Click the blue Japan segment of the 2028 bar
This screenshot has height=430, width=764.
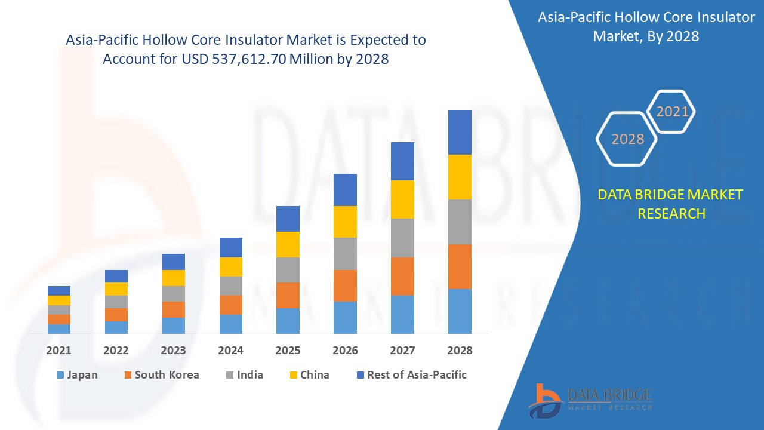[x=460, y=311]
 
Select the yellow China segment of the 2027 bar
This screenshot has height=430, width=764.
[x=402, y=199]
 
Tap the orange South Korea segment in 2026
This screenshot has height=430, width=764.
[x=345, y=285]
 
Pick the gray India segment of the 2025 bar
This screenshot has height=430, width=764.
[x=288, y=270]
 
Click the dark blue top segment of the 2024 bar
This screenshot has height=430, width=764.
[x=231, y=247]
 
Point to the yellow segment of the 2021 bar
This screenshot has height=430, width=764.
[x=59, y=300]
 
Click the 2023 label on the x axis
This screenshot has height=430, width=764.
[x=173, y=351]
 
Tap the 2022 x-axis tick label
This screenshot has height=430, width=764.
[x=116, y=351]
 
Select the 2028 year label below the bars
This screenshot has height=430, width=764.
[x=460, y=351]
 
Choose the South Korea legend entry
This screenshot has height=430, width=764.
[x=161, y=375]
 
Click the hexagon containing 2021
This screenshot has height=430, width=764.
[x=672, y=112]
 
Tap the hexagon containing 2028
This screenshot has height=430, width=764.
[x=627, y=139]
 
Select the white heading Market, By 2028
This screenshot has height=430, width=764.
[x=646, y=36]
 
